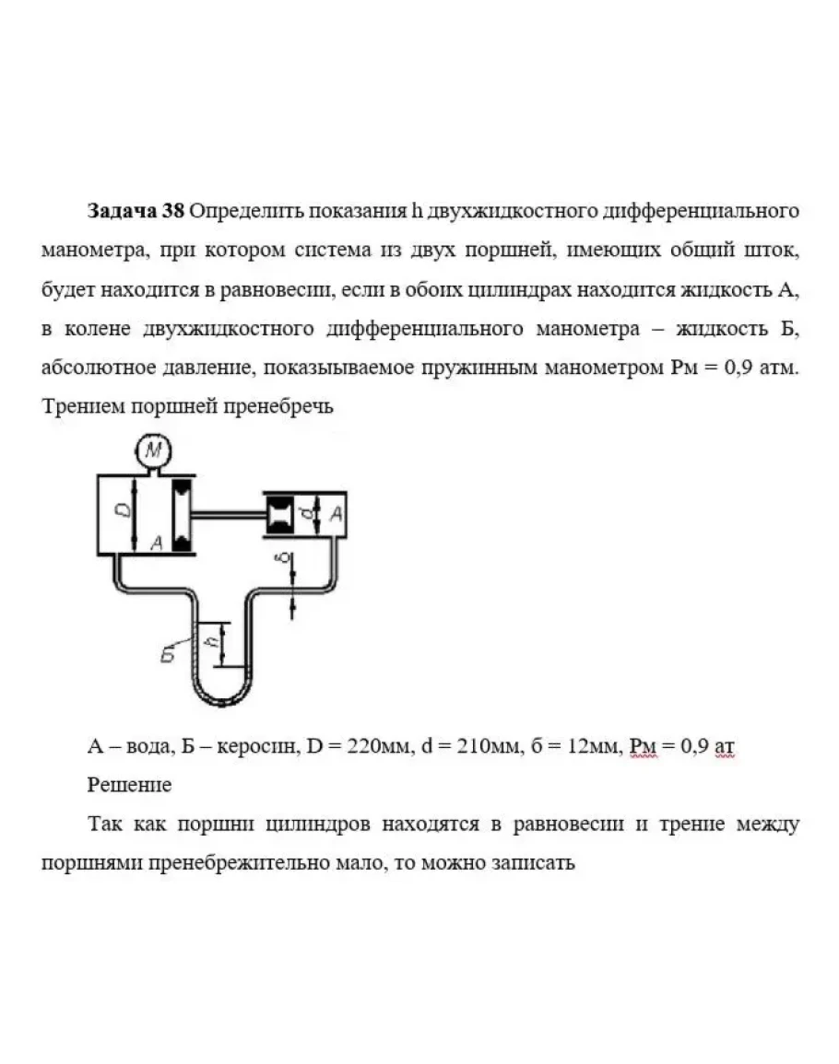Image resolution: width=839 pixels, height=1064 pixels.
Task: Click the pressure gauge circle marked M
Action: pos(155,451)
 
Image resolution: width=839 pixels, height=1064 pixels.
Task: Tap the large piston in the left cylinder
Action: pos(182,514)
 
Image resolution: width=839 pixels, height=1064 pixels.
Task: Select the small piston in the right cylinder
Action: pos(279,514)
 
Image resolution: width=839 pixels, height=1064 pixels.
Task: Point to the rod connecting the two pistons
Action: pos(228,514)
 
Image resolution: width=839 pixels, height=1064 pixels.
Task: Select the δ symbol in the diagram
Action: pos(285,559)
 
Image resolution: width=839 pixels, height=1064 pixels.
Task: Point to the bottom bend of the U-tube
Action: pos(219,702)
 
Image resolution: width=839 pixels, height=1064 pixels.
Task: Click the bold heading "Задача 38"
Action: pos(136,211)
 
